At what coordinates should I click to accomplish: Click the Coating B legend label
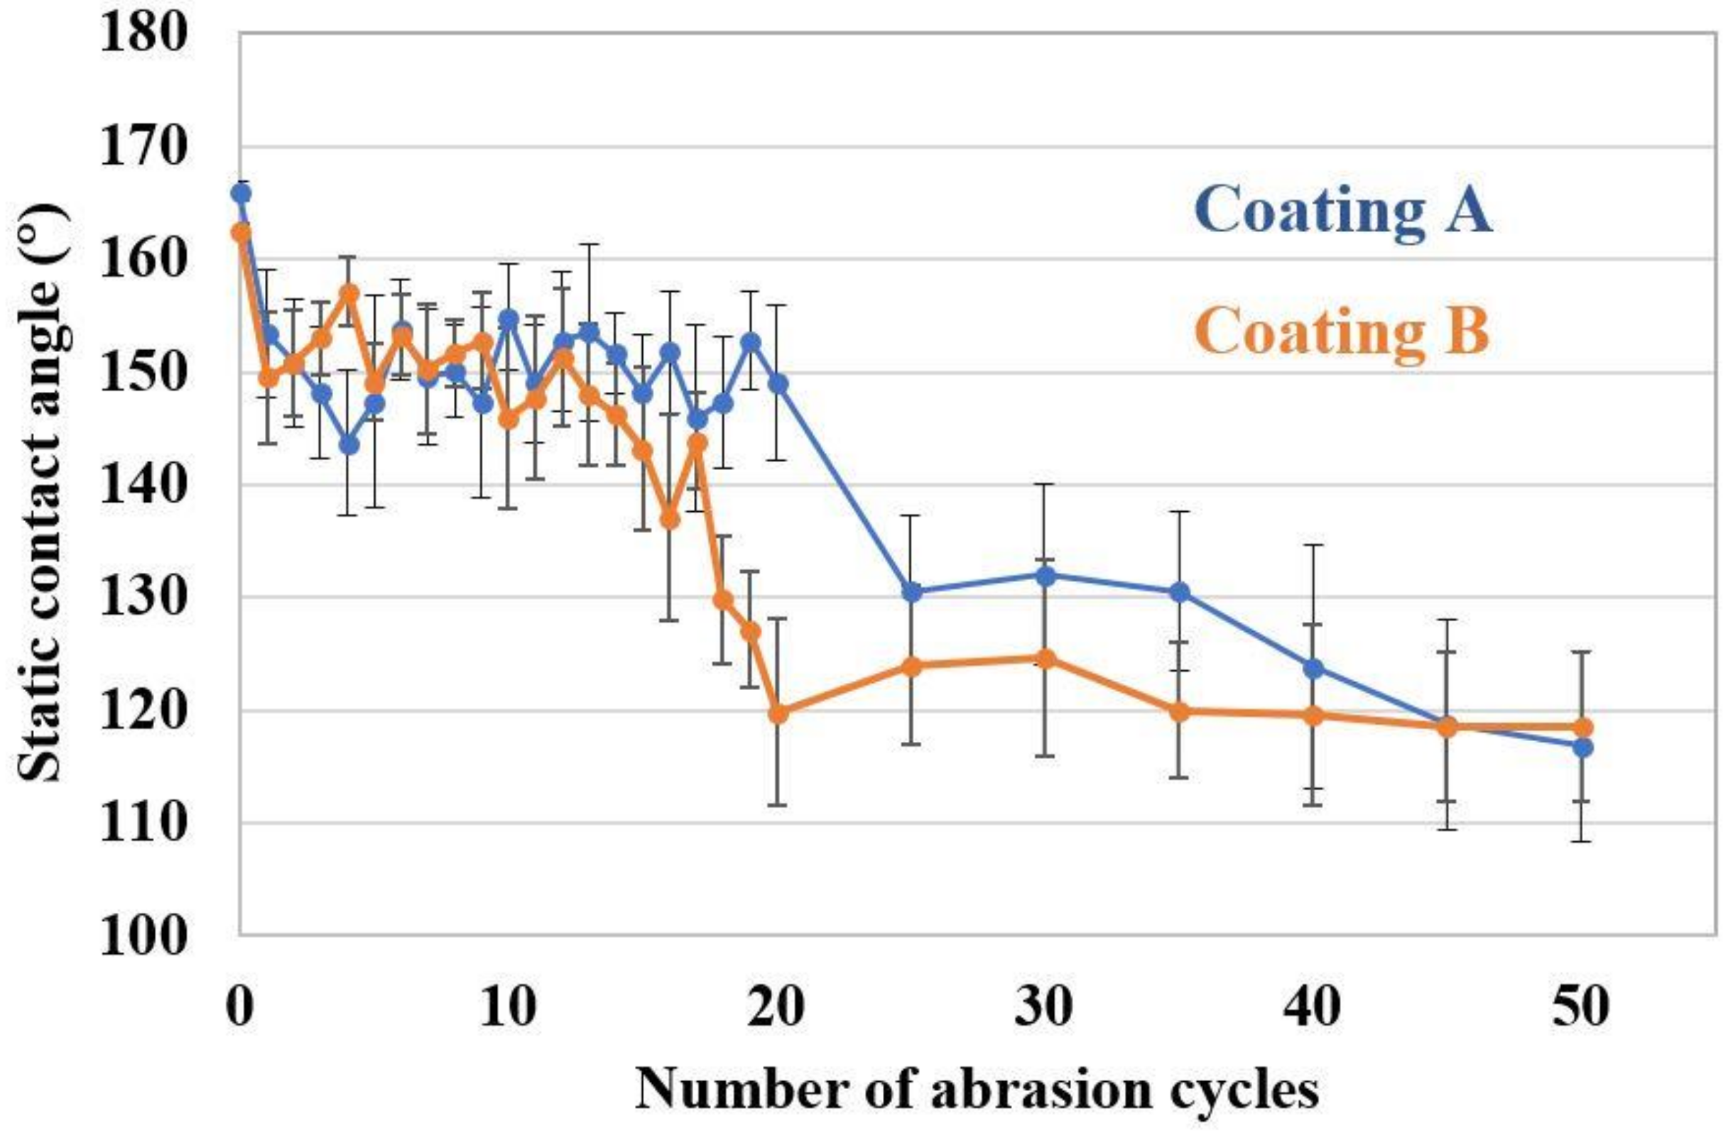(1341, 332)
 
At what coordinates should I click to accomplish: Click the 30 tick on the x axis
(1045, 1009)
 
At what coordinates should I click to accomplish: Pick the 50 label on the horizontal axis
(1582, 1009)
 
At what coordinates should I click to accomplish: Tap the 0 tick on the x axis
(241, 1009)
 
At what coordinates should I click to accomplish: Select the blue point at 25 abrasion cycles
(912, 591)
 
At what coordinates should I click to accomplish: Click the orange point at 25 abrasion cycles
(912, 666)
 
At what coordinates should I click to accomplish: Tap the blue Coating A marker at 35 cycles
(1180, 591)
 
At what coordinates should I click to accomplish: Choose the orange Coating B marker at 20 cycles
(778, 714)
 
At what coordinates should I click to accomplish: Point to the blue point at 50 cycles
(1582, 748)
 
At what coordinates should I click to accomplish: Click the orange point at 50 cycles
(1582, 727)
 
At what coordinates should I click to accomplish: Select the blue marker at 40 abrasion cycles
(1313, 668)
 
